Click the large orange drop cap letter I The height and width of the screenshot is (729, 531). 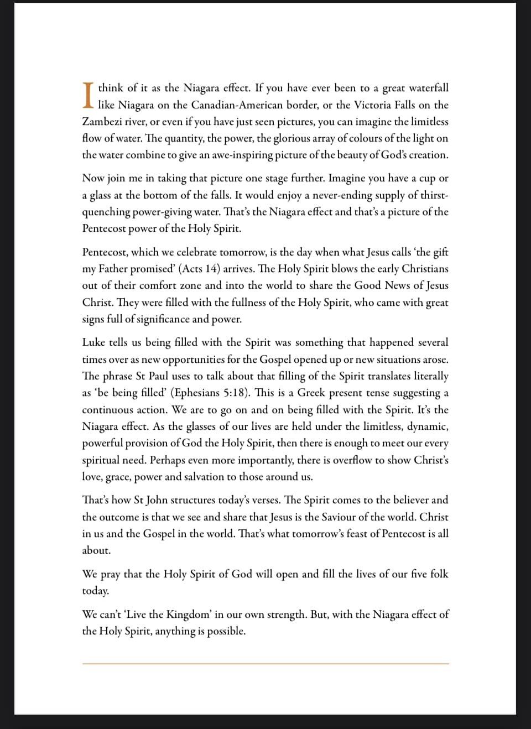[88, 96]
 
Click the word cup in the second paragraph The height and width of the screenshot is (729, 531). [425, 178]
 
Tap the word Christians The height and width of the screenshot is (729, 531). [425, 269]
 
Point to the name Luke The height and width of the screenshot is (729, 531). [93, 342]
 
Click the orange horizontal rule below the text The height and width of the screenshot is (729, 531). [265, 663]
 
